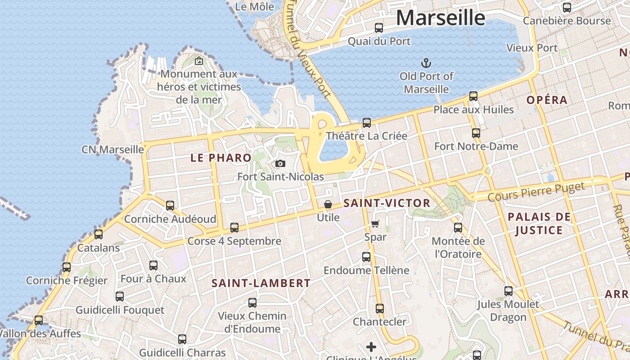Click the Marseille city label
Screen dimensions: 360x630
click(x=441, y=18)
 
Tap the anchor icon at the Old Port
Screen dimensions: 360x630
click(x=426, y=63)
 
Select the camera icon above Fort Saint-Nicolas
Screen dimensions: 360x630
click(x=280, y=163)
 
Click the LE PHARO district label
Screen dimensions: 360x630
click(x=220, y=158)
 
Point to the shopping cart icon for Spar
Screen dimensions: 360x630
click(x=375, y=224)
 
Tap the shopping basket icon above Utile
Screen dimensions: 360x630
click(x=328, y=205)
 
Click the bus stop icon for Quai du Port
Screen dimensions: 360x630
click(x=379, y=28)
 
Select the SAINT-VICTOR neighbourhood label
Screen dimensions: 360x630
click(x=387, y=203)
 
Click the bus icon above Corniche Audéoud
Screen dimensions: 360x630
click(x=170, y=206)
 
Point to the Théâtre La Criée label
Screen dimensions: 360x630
click(x=366, y=136)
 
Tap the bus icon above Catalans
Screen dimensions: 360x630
click(x=99, y=234)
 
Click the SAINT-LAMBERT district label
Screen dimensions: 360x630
click(x=261, y=283)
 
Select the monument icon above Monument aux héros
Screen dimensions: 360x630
click(x=199, y=61)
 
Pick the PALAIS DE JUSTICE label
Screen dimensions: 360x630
click(x=539, y=224)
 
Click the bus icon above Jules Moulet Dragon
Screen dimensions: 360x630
click(x=508, y=291)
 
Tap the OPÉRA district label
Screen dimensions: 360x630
click(x=547, y=100)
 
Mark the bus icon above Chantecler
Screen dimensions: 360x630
click(x=380, y=309)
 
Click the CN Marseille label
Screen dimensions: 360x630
click(x=112, y=149)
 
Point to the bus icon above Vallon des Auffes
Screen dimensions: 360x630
click(x=39, y=320)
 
